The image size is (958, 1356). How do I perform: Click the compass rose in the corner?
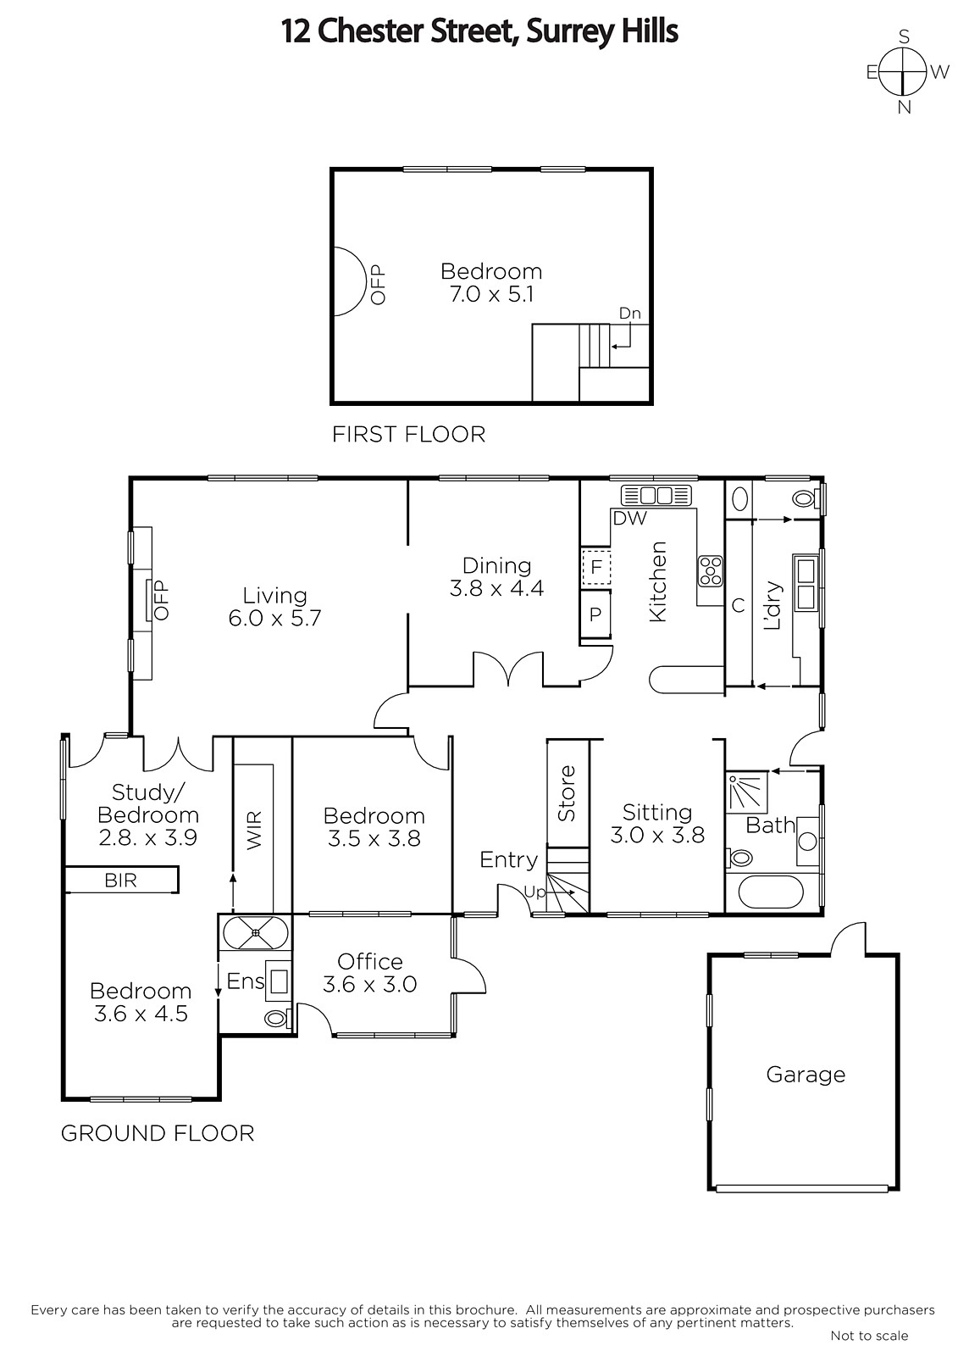click(903, 72)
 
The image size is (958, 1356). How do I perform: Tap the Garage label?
click(805, 1075)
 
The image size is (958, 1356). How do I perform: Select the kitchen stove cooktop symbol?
click(711, 571)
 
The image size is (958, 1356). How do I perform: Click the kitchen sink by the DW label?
click(656, 495)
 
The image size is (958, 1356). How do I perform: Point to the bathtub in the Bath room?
click(771, 892)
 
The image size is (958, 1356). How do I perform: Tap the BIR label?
click(120, 881)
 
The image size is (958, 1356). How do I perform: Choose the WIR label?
click(254, 830)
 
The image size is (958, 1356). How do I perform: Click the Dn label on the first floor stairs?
click(629, 313)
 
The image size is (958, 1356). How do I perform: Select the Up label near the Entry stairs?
click(534, 892)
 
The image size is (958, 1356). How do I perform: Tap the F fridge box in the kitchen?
click(595, 567)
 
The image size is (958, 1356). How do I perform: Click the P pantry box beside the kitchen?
click(595, 614)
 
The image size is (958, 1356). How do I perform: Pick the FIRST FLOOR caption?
click(408, 434)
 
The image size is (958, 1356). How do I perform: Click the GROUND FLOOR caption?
click(158, 1133)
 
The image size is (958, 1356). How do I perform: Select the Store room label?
click(567, 793)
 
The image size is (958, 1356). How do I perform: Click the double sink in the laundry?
click(806, 584)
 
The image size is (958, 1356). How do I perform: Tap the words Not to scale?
click(869, 1336)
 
